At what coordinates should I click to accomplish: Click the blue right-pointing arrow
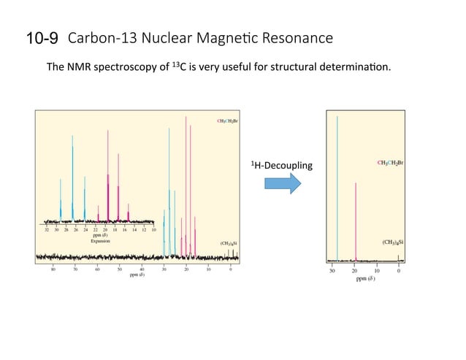[282, 183]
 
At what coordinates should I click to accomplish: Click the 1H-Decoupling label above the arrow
[281, 165]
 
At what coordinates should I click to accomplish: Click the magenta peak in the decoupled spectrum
[356, 219]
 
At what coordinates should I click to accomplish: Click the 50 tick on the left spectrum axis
[120, 269]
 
